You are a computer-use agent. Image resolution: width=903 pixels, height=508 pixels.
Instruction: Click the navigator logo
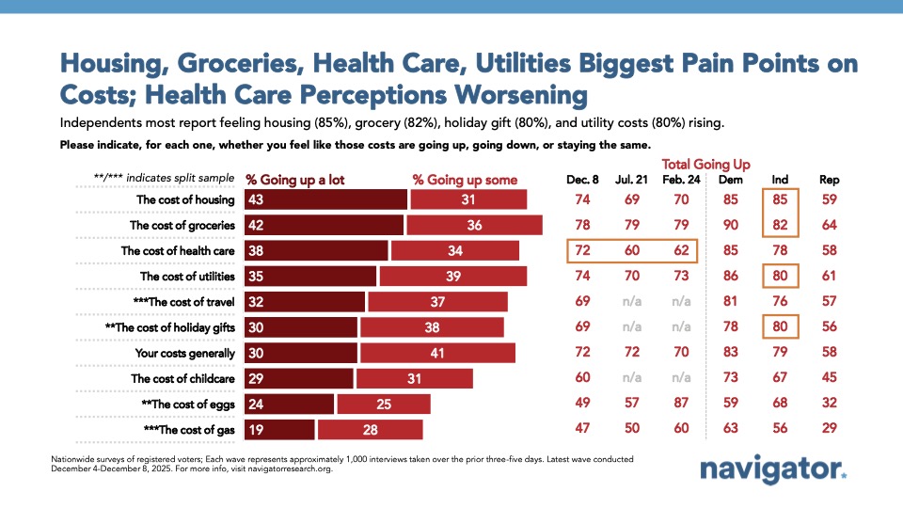pyautogui.click(x=773, y=469)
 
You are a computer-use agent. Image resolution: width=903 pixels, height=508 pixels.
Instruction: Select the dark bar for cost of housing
pyautogui.click(x=325, y=199)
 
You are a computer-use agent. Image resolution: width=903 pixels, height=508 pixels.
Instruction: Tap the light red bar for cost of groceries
pyautogui.click(x=475, y=225)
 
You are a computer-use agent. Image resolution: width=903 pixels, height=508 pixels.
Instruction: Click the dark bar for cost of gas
pyautogui.click(x=279, y=430)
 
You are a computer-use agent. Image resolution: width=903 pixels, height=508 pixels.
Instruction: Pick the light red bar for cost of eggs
pyautogui.click(x=383, y=405)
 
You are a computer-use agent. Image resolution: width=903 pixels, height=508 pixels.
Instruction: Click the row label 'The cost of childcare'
pyautogui.click(x=182, y=379)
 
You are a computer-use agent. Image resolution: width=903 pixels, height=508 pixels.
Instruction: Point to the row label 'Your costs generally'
pyautogui.click(x=185, y=354)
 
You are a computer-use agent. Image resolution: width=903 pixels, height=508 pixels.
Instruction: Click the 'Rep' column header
pyautogui.click(x=829, y=179)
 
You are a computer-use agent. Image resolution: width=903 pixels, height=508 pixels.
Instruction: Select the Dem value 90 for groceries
pyautogui.click(x=729, y=225)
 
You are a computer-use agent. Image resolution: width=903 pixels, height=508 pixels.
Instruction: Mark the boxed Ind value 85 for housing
pyautogui.click(x=780, y=199)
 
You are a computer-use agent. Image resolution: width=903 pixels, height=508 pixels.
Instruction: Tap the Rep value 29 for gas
pyautogui.click(x=829, y=430)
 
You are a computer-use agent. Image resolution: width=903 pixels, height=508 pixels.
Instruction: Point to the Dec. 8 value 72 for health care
pyautogui.click(x=584, y=251)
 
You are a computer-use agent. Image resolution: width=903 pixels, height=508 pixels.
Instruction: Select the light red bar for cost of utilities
pyautogui.click(x=452, y=277)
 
